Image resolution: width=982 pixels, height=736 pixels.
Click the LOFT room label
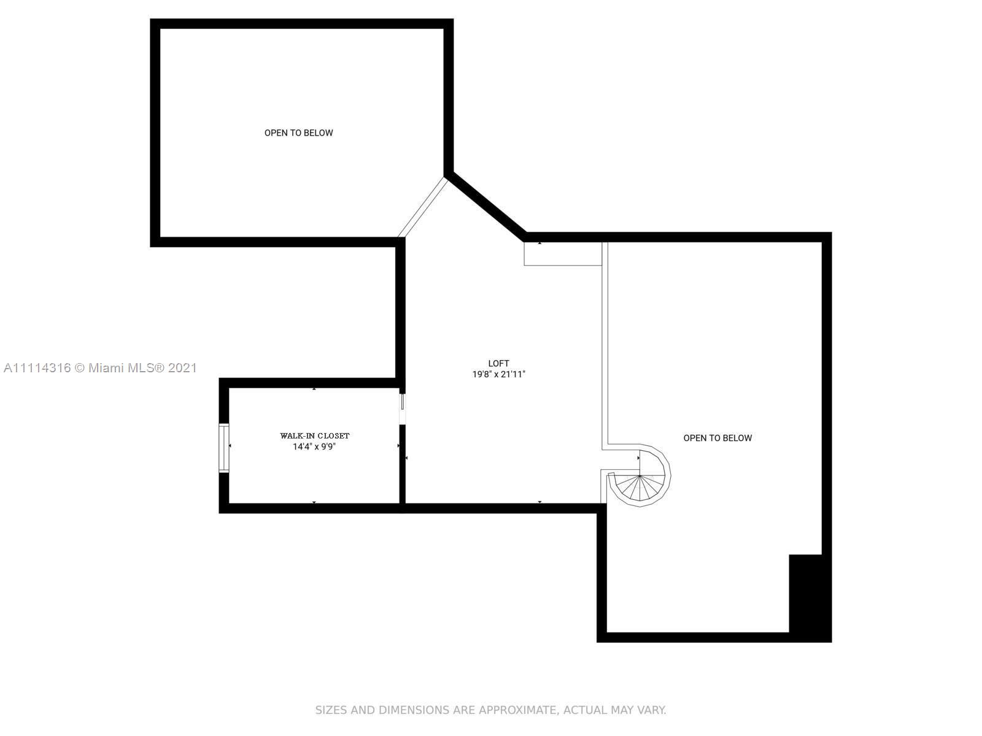click(498, 363)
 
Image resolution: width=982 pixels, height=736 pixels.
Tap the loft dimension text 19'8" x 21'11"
click(498, 375)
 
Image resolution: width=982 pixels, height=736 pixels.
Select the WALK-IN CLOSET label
click(314, 435)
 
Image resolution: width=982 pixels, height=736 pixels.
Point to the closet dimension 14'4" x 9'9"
click(314, 447)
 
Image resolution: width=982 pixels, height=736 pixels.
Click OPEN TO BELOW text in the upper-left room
click(298, 132)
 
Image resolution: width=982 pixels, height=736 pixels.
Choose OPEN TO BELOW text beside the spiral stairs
click(717, 438)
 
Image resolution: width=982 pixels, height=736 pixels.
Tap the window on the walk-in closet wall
click(223, 448)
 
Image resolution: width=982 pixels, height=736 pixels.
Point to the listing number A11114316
click(37, 368)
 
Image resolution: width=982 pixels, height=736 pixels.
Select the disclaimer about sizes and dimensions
click(491, 710)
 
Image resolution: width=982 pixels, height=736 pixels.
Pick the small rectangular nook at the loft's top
click(563, 254)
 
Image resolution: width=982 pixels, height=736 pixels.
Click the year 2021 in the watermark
click(182, 368)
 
